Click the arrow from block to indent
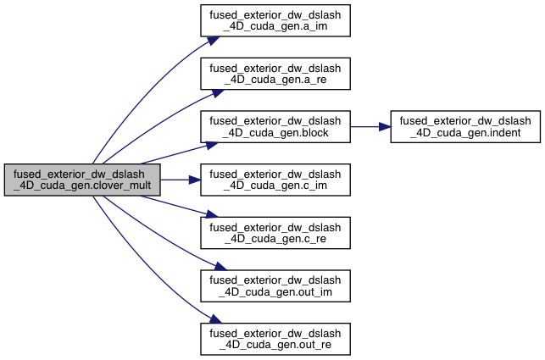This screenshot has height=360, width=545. [364, 126]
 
